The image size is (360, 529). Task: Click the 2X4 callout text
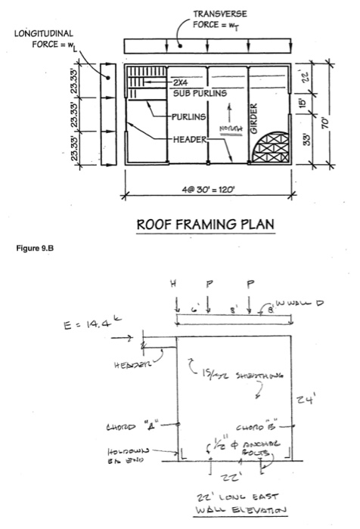pos(182,82)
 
